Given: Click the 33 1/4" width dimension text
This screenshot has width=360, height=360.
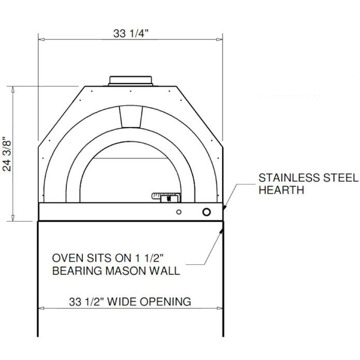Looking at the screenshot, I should pyautogui.click(x=131, y=34).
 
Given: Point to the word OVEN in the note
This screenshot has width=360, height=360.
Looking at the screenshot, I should pyautogui.click(x=65, y=258).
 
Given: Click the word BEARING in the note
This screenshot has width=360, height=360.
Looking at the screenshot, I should pyautogui.click(x=75, y=271).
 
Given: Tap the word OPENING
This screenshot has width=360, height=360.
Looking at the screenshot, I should pyautogui.click(x=168, y=301).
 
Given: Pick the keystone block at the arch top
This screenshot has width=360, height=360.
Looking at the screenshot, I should pyautogui.click(x=131, y=116).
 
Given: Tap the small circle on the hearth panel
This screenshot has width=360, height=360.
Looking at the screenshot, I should pyautogui.click(x=179, y=211).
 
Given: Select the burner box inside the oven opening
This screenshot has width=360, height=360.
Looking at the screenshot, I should pyautogui.click(x=165, y=197).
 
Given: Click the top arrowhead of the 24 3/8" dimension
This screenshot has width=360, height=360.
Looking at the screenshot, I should pyautogui.click(x=13, y=89).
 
